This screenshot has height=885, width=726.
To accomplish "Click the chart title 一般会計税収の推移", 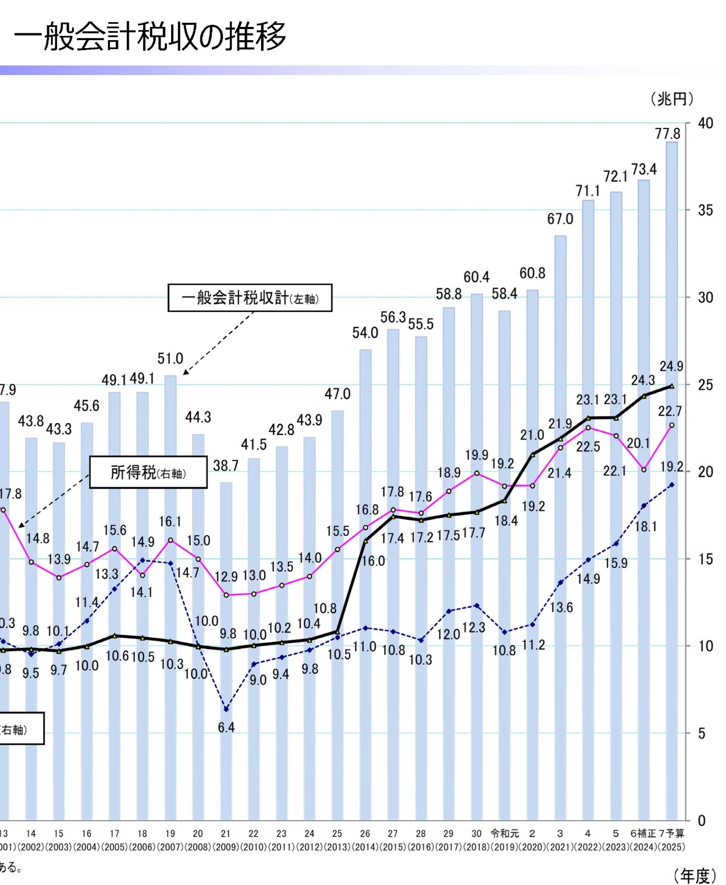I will (150, 37).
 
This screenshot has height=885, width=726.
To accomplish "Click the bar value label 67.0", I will (560, 218).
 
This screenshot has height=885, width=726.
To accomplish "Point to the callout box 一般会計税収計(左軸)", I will (250, 298).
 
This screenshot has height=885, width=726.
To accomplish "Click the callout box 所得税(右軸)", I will (148, 472).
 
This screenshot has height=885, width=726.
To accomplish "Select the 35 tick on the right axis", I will (705, 210).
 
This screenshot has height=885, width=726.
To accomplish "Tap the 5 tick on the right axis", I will (702, 733).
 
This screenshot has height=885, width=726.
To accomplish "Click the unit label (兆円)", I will (672, 99).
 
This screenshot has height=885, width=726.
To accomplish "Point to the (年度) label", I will (695, 875).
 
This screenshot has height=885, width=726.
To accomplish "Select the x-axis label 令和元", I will (505, 833).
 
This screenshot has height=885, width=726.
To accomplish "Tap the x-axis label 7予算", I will (672, 833).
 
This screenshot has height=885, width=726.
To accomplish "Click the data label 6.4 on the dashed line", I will (226, 728).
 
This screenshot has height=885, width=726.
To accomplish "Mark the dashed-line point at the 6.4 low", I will (226, 709).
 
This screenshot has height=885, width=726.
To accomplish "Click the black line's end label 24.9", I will (671, 366).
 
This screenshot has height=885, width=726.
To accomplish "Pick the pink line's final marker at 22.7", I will (672, 425).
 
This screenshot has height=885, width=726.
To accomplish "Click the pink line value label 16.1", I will (170, 521).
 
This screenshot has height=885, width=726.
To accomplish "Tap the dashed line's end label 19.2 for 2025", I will (672, 467).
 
